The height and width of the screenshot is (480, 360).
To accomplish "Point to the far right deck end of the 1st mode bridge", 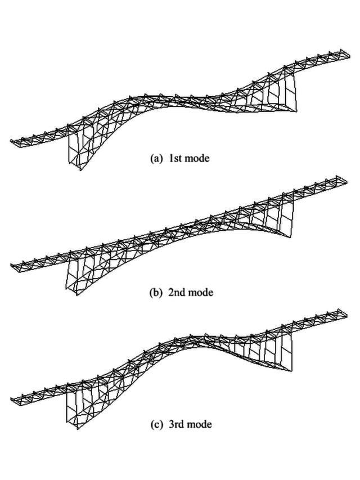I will tap(344, 52).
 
